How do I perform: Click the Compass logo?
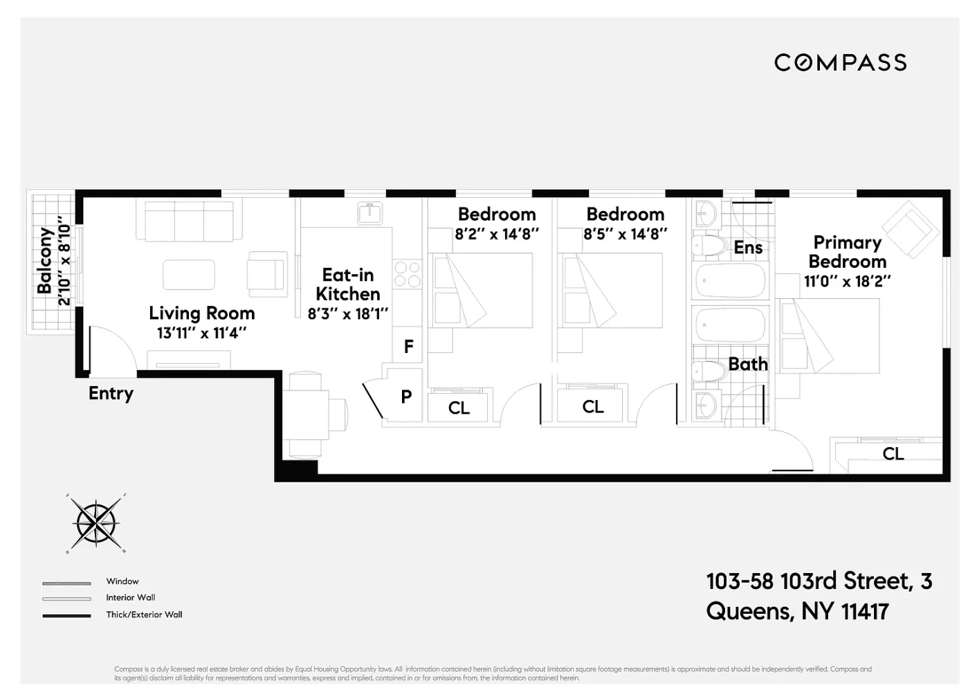pyautogui.click(x=840, y=63)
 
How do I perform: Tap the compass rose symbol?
pyautogui.click(x=96, y=523)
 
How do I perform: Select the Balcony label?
pyautogui.click(x=46, y=261)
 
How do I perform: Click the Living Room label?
pyautogui.click(x=201, y=313)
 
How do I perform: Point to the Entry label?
pyautogui.click(x=111, y=393)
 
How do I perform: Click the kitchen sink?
pyautogui.click(x=370, y=213)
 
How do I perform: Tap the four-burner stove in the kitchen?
pyautogui.click(x=407, y=273)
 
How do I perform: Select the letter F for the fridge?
pyautogui.click(x=408, y=346)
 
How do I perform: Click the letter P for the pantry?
pyautogui.click(x=406, y=397)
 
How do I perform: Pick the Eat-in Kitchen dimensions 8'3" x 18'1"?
pyautogui.click(x=347, y=313)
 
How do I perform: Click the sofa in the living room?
pyautogui.click(x=189, y=221)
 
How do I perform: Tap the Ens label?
pyautogui.click(x=748, y=248)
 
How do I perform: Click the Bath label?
pyautogui.click(x=748, y=364)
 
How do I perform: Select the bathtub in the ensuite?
pyautogui.click(x=729, y=280)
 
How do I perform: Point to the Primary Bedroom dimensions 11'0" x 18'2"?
pyautogui.click(x=847, y=282)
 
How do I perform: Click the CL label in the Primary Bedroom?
pyautogui.click(x=893, y=454)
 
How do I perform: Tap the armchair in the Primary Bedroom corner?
pyautogui.click(x=909, y=228)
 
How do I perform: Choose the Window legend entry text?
pyautogui.click(x=122, y=581)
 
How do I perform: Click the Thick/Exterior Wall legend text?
pyautogui.click(x=144, y=614)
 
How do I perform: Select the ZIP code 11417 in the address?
pyautogui.click(x=865, y=612)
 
